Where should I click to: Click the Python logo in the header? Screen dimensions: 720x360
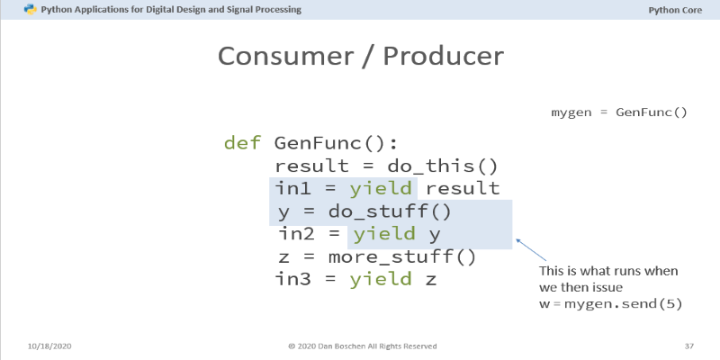31,9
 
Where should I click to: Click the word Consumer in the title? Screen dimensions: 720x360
285,56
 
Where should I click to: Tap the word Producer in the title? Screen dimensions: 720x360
443,56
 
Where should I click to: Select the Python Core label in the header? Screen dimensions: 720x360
675,10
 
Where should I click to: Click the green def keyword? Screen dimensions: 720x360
242,143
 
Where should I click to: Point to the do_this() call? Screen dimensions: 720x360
443,166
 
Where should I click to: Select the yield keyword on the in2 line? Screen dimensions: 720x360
384,234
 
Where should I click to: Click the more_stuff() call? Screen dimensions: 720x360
402,257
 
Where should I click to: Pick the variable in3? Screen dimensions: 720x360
292,279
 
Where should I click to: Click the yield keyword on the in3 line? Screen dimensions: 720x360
381,279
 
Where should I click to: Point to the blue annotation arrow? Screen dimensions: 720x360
531,250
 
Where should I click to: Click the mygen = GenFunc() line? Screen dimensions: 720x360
619,112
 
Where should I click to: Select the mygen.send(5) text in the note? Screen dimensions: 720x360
623,304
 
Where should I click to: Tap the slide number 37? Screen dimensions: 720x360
688,346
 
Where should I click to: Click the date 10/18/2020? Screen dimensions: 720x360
49,346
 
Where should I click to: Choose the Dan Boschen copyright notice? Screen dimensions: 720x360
363,346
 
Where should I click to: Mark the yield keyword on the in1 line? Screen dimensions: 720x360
381,189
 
